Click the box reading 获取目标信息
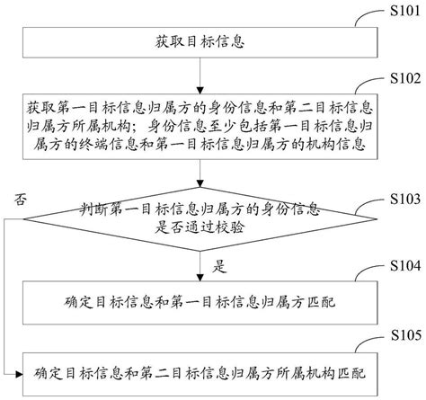[x=199, y=42]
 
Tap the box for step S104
[x=199, y=300]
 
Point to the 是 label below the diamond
[x=216, y=265]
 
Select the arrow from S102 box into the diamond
[x=199, y=181]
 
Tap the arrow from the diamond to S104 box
[x=199, y=265]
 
